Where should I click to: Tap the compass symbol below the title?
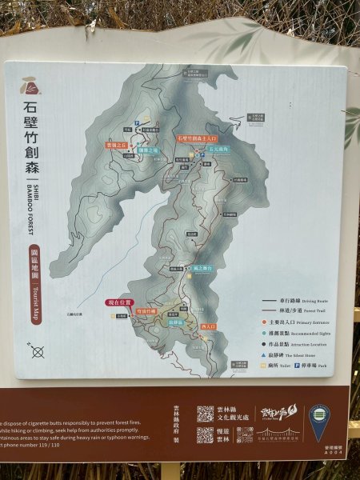(x=37, y=350)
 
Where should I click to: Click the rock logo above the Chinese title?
(x=31, y=85)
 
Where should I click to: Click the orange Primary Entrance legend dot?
(x=266, y=322)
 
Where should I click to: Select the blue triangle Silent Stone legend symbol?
(x=266, y=354)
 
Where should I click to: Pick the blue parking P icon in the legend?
(x=298, y=364)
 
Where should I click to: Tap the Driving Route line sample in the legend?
(x=274, y=302)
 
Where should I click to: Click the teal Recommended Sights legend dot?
(x=266, y=332)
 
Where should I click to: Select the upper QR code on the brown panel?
(x=206, y=414)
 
